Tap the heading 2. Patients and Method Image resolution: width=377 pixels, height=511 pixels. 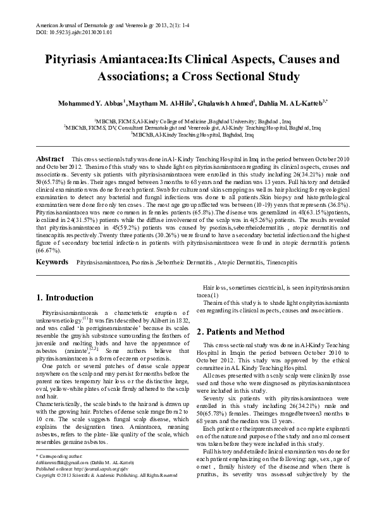(243, 331)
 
